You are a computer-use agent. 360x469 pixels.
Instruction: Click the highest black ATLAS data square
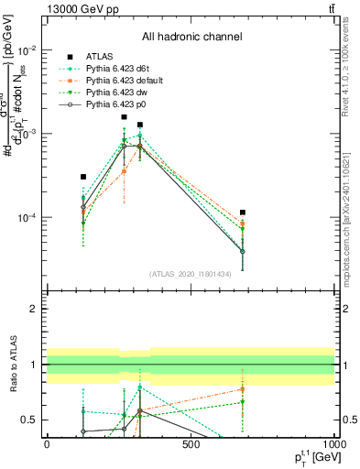click(x=125, y=117)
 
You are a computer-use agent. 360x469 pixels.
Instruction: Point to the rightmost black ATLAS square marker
click(x=243, y=213)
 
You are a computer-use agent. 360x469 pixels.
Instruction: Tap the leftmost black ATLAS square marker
click(x=83, y=177)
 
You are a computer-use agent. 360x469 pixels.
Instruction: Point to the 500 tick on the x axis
click(x=191, y=446)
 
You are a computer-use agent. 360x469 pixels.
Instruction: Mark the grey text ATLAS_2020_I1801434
click(x=191, y=274)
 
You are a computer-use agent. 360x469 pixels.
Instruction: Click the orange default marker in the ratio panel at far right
click(x=243, y=389)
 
